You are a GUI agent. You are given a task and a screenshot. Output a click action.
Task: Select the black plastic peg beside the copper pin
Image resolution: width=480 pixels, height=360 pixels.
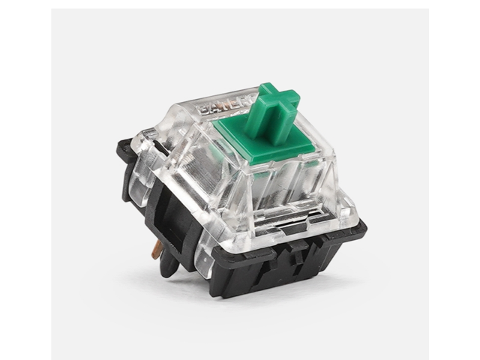(172, 258)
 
